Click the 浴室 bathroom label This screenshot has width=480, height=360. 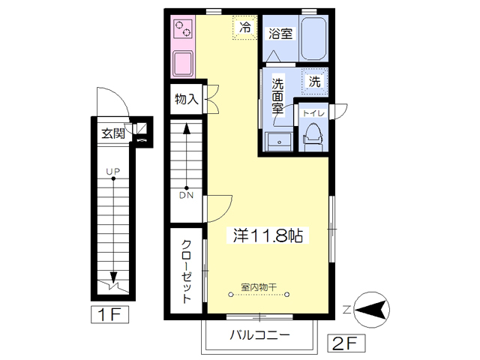click(x=280, y=33)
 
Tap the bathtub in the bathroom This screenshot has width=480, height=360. click(x=313, y=38)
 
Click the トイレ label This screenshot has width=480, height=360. click(x=313, y=113)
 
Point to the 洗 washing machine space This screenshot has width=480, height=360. click(x=315, y=82)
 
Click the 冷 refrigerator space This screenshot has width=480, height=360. click(x=244, y=28)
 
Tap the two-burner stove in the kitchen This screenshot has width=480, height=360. click(x=183, y=28)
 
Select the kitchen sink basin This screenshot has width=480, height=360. click(x=183, y=63)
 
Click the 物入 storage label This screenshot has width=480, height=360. click(x=187, y=99)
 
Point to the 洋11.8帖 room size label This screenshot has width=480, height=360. click(x=268, y=235)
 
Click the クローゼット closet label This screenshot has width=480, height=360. click(x=187, y=271)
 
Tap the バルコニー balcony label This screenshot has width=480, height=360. click(x=259, y=335)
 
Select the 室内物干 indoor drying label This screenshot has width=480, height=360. click(x=259, y=287)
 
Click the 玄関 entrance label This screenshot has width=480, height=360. click(x=113, y=133)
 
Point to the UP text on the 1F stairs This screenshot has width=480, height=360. click(x=113, y=172)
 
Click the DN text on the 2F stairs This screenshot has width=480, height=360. click(x=187, y=195)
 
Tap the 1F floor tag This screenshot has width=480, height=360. click(x=109, y=314)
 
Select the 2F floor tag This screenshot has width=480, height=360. click(x=346, y=343)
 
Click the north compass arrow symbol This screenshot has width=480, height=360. click(x=371, y=310)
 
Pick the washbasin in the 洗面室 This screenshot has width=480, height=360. click(x=279, y=142)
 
